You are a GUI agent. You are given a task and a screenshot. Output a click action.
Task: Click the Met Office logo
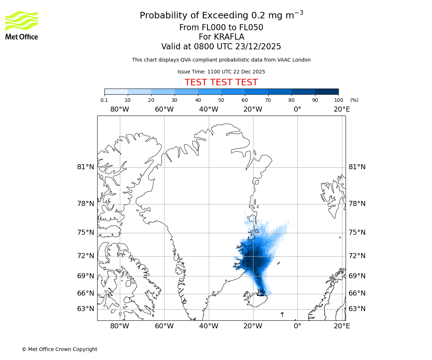point(22,25)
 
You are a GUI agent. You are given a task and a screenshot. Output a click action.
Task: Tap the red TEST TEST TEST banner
point(221,82)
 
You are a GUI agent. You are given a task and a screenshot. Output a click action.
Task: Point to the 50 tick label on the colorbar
point(221,100)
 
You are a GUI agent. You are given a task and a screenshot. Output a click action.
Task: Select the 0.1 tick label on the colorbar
point(104,100)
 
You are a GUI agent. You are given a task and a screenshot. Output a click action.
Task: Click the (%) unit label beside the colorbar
point(354,100)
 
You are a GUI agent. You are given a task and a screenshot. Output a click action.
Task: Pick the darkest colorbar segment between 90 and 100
point(327,92)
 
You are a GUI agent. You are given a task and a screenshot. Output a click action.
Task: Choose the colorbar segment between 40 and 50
point(210,92)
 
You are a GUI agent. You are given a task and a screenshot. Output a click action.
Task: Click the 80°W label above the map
point(120,109)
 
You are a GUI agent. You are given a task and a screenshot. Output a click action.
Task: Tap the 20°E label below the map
point(342,326)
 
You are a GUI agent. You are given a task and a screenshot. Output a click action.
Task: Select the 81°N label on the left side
point(86,167)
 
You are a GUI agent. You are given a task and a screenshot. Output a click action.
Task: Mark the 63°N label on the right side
point(357,309)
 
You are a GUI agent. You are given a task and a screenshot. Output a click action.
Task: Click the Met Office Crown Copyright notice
point(59,349)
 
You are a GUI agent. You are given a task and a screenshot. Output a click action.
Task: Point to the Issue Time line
point(221,72)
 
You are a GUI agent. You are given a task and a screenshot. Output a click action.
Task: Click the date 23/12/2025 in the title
point(258,47)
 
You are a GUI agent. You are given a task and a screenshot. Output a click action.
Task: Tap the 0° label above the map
point(297,109)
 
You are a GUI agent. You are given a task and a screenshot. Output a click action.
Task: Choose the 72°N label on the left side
point(86,256)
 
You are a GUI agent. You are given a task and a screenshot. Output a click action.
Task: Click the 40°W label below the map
point(208,326)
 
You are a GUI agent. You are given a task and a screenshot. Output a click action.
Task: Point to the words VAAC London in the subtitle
point(294,60)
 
